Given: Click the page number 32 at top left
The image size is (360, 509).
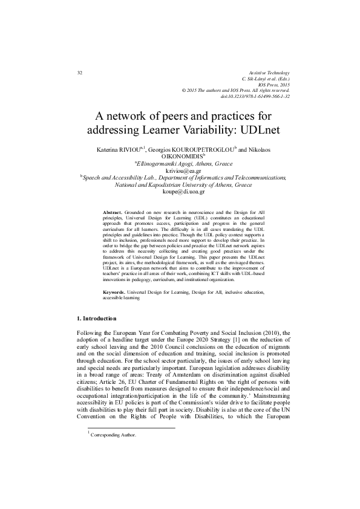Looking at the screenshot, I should click(80, 73).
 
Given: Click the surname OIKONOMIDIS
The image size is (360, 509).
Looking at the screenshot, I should click(181, 156).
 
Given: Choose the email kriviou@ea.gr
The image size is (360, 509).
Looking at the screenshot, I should click(180, 171).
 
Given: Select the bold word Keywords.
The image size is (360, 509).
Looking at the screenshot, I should click(114, 308).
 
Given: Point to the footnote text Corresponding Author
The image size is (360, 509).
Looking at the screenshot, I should click(113, 452).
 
